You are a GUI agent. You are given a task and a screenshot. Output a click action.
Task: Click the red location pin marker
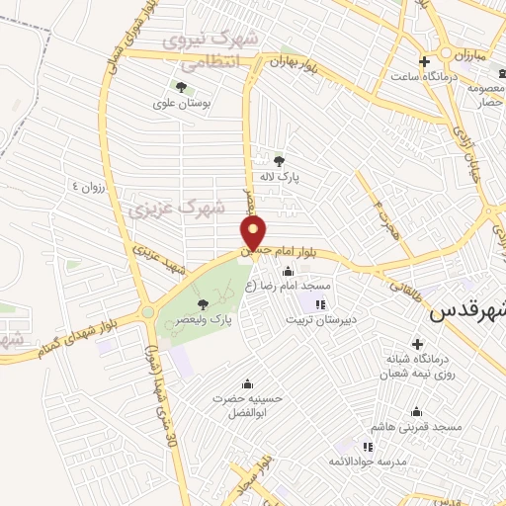[255, 233]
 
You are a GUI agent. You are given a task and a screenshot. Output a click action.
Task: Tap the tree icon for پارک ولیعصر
[204, 303]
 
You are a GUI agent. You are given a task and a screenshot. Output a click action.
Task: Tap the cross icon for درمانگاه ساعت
[424, 60]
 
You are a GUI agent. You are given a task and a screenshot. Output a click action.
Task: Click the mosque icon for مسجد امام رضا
[318, 285]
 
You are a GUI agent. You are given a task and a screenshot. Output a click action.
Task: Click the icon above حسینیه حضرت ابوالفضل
[246, 382]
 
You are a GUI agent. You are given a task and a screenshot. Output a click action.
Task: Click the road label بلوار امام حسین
[295, 248]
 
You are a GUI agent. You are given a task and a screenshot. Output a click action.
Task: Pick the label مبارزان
[467, 54]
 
